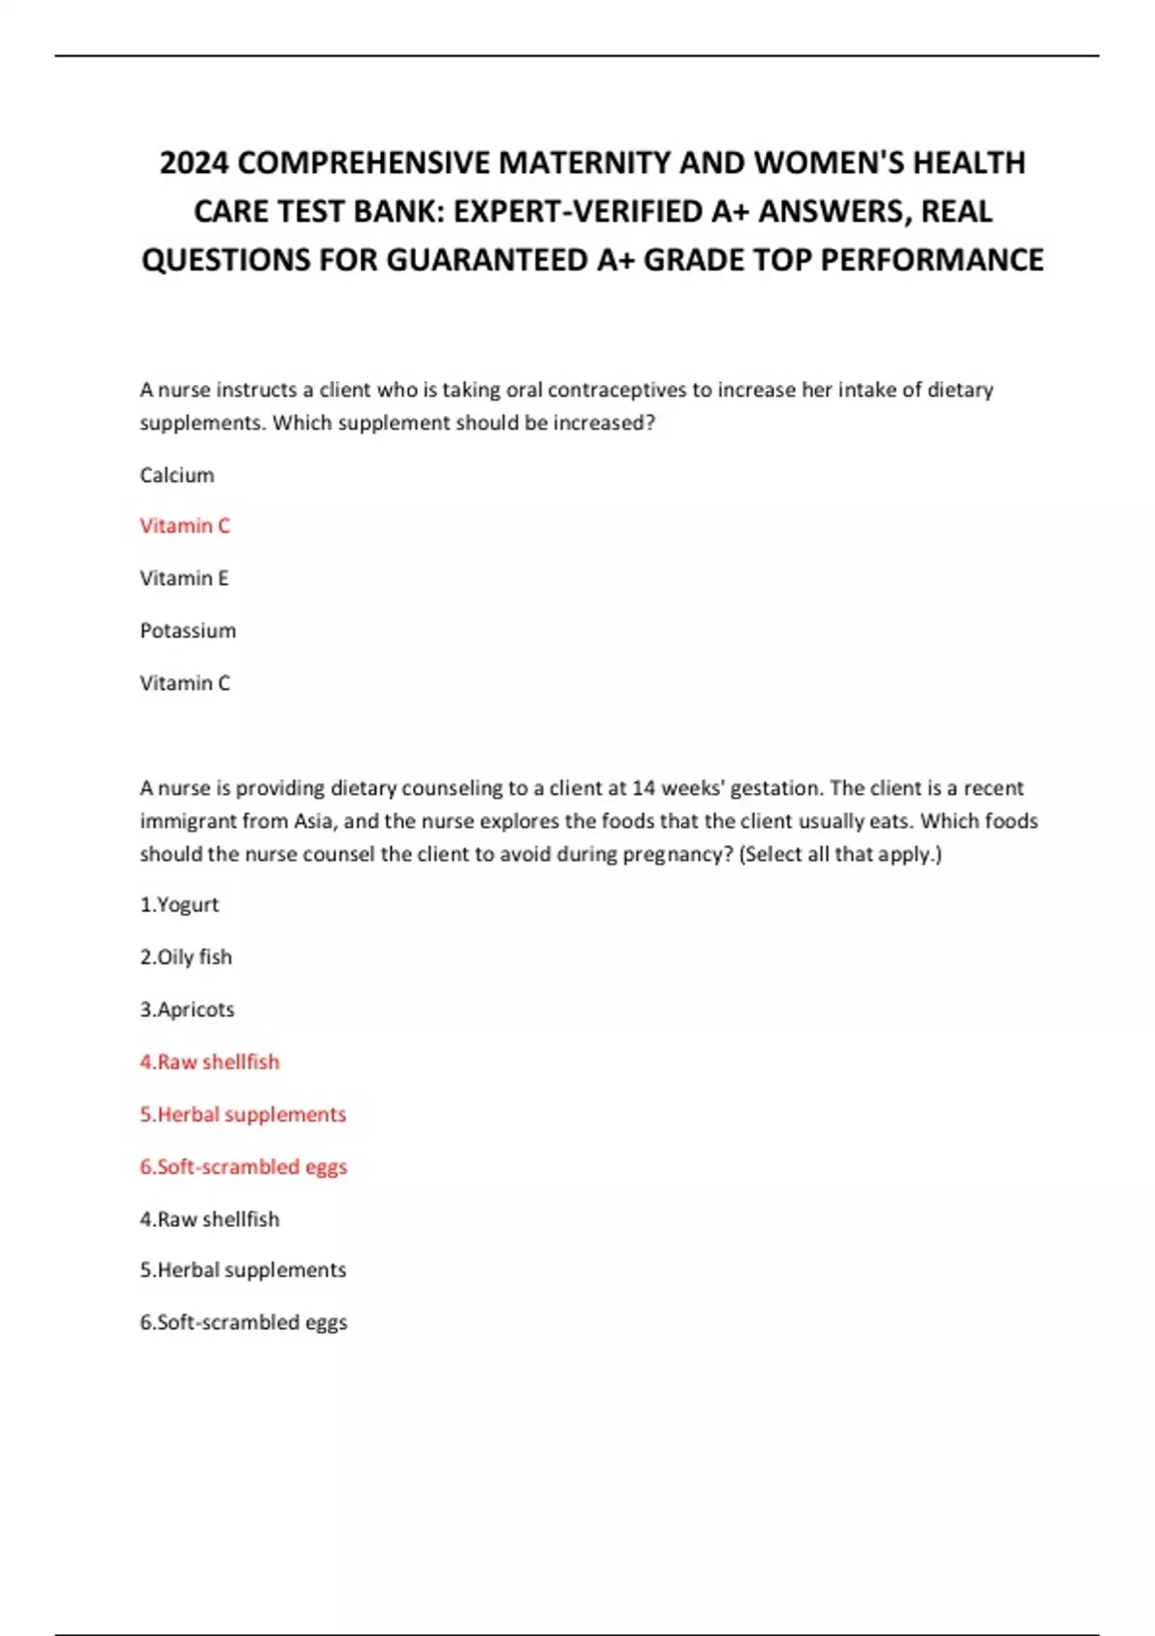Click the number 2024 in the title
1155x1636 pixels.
[194, 163]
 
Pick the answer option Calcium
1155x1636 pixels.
[177, 475]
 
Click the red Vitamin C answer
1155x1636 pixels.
[185, 525]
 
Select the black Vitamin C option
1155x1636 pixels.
[185, 683]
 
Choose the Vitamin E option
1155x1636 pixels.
[184, 578]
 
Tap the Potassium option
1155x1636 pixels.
[188, 631]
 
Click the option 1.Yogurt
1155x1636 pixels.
[179, 905]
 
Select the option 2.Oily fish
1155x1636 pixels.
[186, 958]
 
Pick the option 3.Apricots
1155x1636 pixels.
[187, 1010]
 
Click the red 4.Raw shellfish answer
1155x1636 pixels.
[210, 1061]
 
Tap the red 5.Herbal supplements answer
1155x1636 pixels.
[243, 1114]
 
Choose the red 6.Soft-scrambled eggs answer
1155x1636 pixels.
[244, 1166]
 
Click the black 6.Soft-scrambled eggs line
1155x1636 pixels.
[244, 1322]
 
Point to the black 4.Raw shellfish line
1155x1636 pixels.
[210, 1219]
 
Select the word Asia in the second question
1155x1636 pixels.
[313, 821]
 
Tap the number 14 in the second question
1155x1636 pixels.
[644, 788]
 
